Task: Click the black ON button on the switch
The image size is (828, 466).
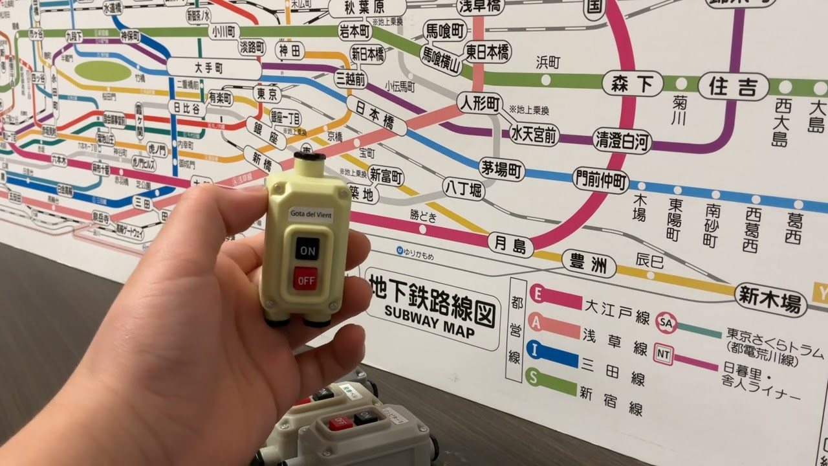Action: tap(307, 249)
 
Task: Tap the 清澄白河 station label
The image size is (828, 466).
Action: tap(622, 140)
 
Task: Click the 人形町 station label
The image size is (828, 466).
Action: tap(479, 102)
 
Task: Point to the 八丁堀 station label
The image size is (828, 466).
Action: tap(463, 189)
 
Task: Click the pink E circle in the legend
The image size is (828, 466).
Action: tap(536, 293)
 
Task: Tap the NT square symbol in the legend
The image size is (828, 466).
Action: tap(663, 354)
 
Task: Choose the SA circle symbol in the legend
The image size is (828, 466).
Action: tap(666, 322)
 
